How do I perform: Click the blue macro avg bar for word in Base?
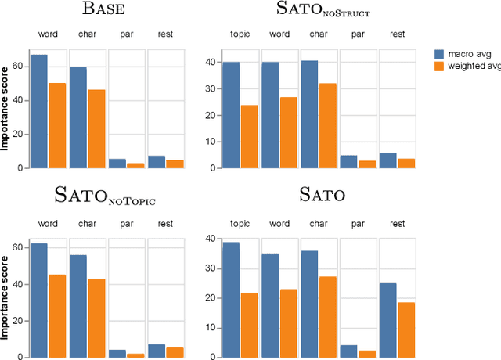coord(39,111)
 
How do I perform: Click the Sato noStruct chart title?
coord(323,10)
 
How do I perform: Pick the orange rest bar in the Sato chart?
coord(406,329)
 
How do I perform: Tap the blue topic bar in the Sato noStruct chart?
coord(232,114)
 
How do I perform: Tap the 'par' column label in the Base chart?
coord(126,34)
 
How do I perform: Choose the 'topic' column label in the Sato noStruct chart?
coord(240,34)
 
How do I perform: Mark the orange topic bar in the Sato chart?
coord(250,325)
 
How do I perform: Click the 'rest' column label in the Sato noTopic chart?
coord(165,224)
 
